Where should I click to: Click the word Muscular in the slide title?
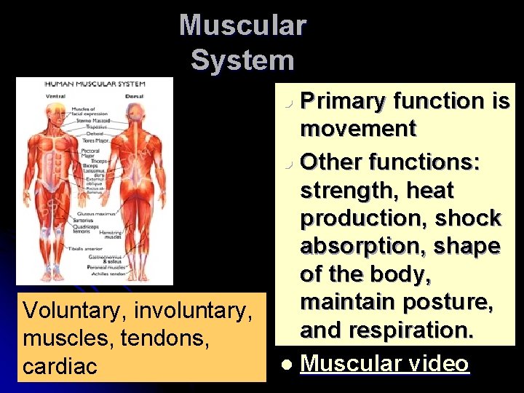242,25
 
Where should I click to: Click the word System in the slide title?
242,60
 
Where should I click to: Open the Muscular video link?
384,363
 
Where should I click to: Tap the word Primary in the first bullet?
343,101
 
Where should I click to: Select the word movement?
357,129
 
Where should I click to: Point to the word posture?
453,301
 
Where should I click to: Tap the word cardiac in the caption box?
60,366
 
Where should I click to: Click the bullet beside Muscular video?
289,363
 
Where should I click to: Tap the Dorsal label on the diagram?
134,94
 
